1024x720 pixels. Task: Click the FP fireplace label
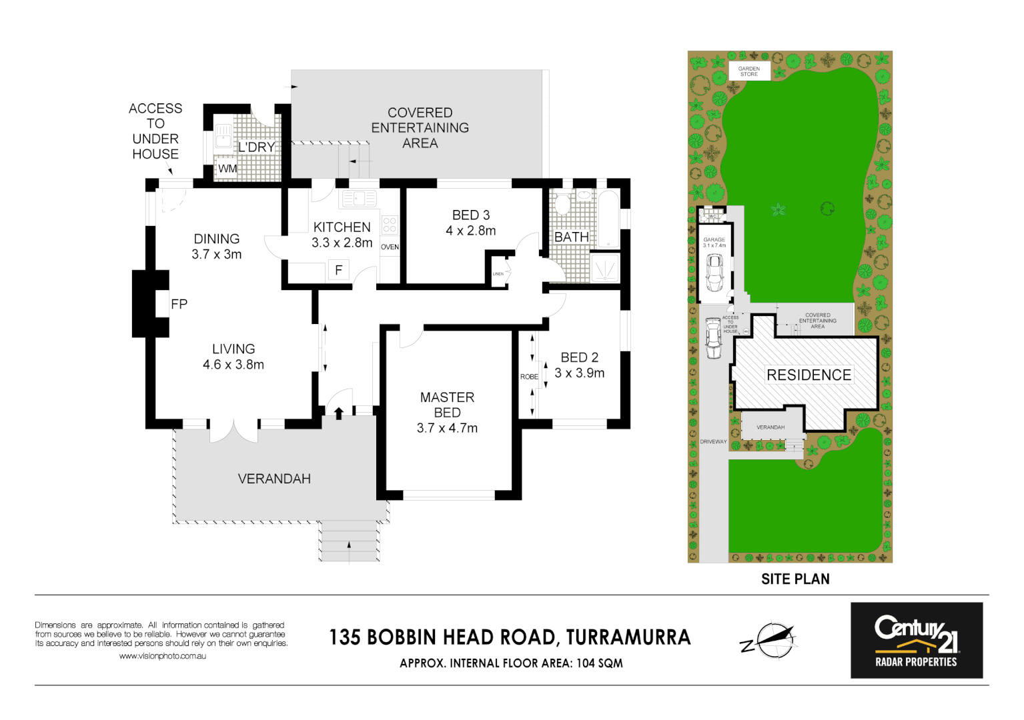click(x=179, y=304)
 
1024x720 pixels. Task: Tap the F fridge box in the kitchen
click(x=339, y=270)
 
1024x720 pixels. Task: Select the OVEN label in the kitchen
click(x=390, y=247)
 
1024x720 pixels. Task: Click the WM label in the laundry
click(x=227, y=169)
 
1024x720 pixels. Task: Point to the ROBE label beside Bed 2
click(x=529, y=377)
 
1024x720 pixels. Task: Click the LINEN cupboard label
click(x=498, y=274)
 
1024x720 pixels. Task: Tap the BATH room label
click(x=572, y=237)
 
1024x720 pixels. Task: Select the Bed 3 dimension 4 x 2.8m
click(x=471, y=231)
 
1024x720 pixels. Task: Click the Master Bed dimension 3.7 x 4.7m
click(x=447, y=428)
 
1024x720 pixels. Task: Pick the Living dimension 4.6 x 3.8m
click(x=233, y=365)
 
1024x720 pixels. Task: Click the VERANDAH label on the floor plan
click(x=274, y=479)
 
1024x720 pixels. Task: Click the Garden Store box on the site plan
click(x=748, y=71)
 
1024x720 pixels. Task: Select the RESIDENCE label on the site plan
click(x=809, y=375)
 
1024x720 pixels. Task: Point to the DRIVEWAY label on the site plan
click(x=713, y=441)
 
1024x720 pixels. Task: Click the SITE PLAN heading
click(x=795, y=579)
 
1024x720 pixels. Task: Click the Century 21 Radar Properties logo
click(x=916, y=640)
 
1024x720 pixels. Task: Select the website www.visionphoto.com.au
click(x=162, y=656)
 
